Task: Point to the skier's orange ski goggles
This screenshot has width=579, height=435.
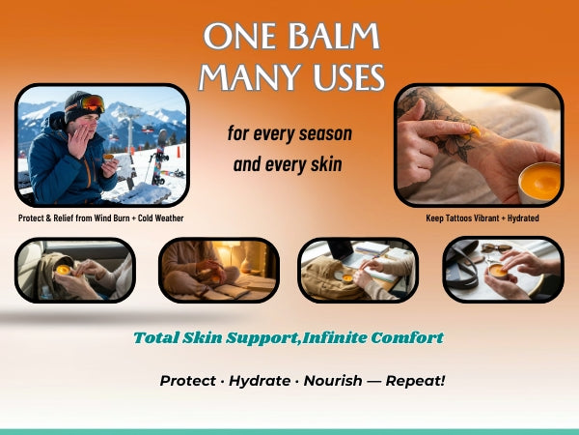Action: [92, 101]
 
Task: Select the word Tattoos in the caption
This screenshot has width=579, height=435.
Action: [465, 218]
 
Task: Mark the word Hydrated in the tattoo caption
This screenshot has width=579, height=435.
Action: [519, 218]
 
